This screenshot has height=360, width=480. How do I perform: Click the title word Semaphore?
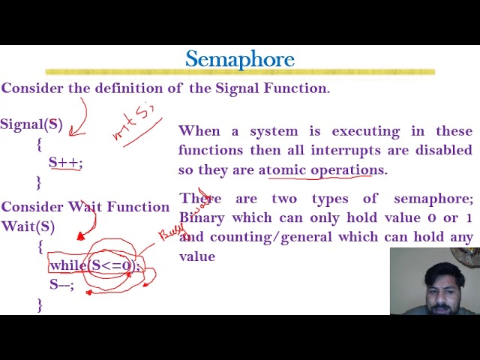click(240, 59)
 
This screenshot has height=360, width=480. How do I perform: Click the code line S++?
click(65, 162)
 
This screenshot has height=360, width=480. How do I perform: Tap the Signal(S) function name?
click(31, 124)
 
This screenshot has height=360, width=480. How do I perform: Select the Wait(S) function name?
click(28, 226)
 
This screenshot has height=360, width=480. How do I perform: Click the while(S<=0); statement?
click(94, 265)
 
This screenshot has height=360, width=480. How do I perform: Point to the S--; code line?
click(61, 284)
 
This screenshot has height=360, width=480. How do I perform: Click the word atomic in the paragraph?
click(283, 169)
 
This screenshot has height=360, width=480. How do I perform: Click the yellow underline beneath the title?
click(240, 72)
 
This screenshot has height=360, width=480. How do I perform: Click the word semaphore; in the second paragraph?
click(433, 199)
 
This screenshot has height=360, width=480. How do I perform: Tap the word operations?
click(347, 169)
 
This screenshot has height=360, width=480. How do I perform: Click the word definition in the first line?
click(127, 88)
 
